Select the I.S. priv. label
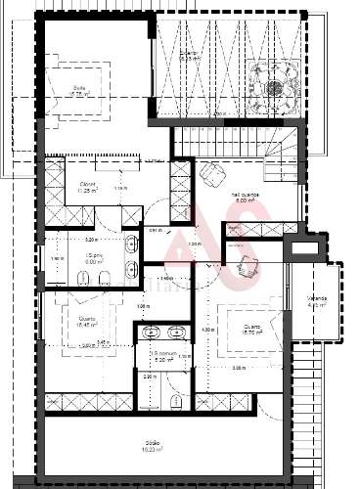67,258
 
